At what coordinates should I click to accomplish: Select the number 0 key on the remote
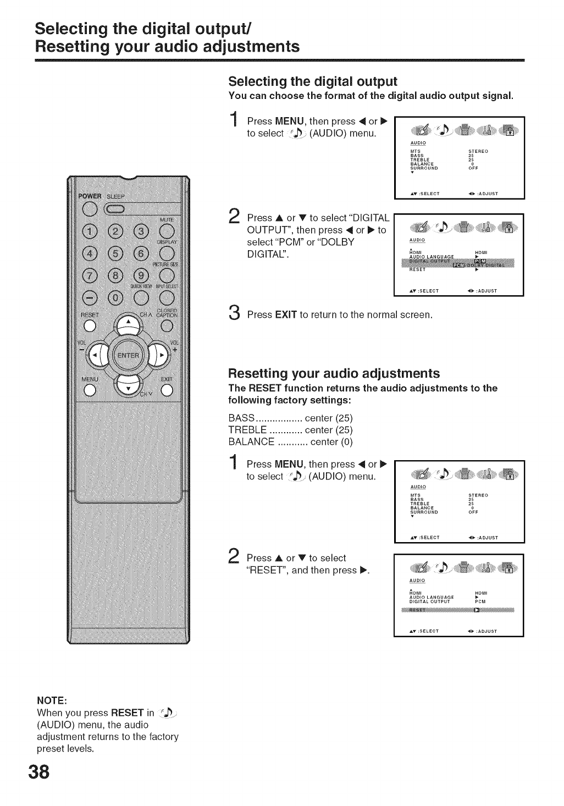click(x=116, y=299)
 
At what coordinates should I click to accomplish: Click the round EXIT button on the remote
click(x=167, y=390)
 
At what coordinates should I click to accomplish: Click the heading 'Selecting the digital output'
click(x=312, y=82)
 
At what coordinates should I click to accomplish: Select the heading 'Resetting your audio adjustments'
click(x=334, y=374)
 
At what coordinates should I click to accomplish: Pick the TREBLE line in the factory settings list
click(x=290, y=430)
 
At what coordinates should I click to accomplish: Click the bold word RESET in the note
click(x=128, y=713)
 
